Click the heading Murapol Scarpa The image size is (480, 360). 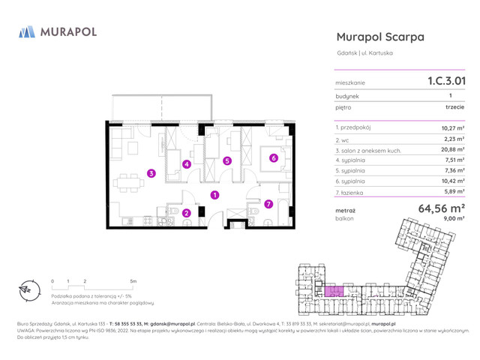point(380,37)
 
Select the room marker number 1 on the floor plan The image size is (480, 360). point(214,195)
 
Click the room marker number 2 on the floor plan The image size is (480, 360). point(187,213)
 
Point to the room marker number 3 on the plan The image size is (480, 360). point(151,173)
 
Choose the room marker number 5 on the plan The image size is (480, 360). point(227,160)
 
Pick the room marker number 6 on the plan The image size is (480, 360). point(274,157)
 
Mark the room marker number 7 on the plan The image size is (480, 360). point(268,203)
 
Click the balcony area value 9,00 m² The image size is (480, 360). point(454,218)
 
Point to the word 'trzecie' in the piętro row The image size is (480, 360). point(454,107)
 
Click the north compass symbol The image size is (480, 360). point(26,290)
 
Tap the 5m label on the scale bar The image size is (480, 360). point(133,280)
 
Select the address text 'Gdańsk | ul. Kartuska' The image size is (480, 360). point(365,52)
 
